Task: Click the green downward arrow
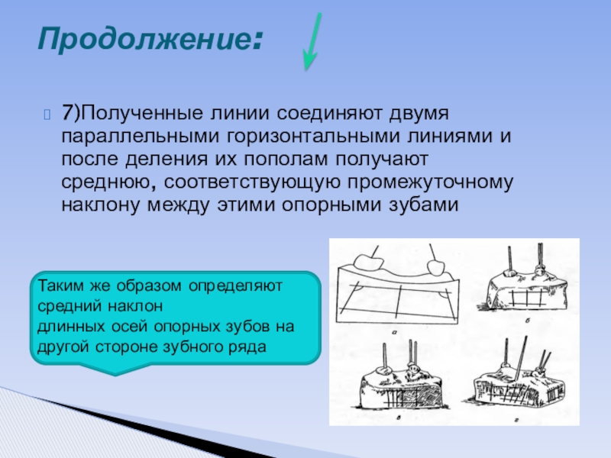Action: tap(312, 41)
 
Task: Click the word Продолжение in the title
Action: tap(144, 39)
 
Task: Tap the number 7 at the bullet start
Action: tap(66, 113)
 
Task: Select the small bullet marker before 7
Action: tap(47, 114)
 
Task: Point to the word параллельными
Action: tap(139, 137)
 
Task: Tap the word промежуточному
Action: tap(430, 182)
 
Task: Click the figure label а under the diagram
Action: tap(394, 332)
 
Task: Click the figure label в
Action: tap(398, 418)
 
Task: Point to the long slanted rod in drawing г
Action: tap(521, 357)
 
